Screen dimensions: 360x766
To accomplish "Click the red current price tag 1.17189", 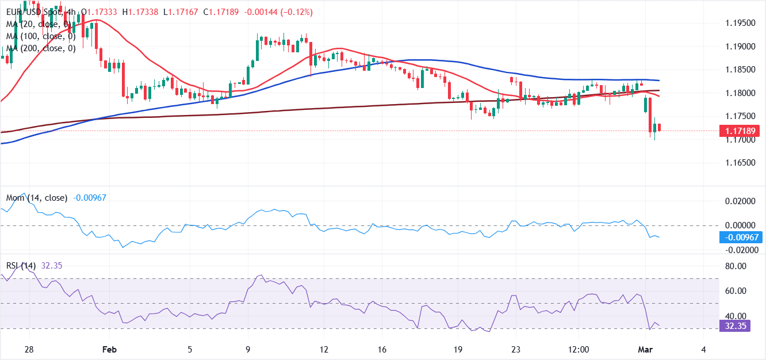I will [739, 131].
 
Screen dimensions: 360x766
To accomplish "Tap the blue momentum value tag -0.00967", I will [739, 237].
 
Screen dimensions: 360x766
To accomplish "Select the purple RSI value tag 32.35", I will [739, 326].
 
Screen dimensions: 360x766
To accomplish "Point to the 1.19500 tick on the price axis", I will [739, 23].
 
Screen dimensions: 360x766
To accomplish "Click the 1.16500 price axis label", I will [739, 163].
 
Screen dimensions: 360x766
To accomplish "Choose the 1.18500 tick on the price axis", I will [739, 70].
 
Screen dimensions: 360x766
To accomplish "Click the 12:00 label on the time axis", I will [579, 350].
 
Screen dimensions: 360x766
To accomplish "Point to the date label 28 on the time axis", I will [30, 350].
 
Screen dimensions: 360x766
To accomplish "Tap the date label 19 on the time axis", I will [458, 350].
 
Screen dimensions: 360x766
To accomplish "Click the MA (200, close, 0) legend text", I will [40, 48].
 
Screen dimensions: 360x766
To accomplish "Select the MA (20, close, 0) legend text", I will [38, 24].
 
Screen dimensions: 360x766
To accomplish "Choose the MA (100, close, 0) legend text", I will [40, 36].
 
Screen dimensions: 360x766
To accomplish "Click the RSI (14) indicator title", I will [21, 266].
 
